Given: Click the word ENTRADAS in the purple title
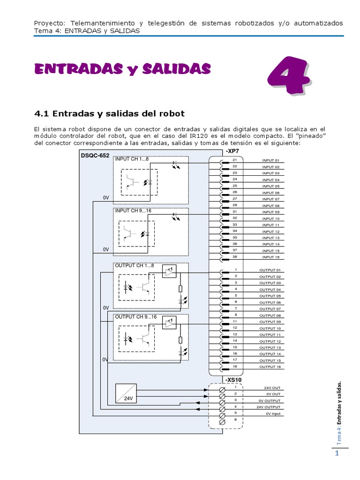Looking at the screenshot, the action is click(x=73, y=69).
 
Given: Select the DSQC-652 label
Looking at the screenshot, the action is click(x=95, y=155).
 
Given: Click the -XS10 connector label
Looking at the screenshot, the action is click(x=233, y=380).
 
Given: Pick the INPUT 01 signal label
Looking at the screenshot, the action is click(x=270, y=160).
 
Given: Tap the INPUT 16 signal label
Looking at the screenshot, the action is click(x=270, y=257).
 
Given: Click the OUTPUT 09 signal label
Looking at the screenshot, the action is click(x=270, y=322).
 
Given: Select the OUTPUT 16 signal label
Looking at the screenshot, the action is click(x=270, y=367).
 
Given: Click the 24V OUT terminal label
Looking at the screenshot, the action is click(x=271, y=388).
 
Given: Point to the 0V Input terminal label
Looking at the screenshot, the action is click(x=273, y=414).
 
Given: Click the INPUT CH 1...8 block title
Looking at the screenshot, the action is click(x=132, y=159).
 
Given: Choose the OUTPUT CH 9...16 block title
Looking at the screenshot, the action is click(x=136, y=317).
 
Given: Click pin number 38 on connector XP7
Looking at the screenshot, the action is click(x=235, y=256).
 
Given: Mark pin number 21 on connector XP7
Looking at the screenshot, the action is click(x=235, y=159).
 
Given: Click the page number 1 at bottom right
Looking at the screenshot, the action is click(x=336, y=453).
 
